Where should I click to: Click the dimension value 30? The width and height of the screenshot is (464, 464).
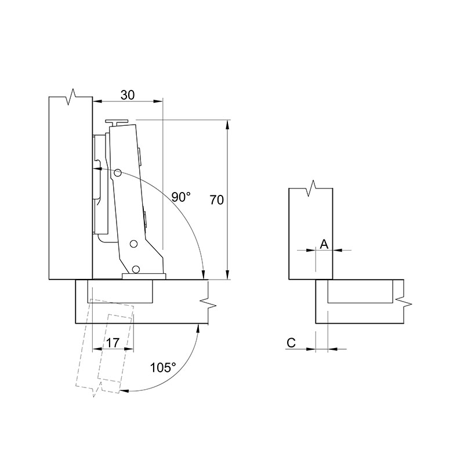(128, 95)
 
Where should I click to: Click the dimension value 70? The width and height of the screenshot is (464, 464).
(216, 200)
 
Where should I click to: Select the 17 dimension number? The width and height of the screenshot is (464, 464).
(113, 343)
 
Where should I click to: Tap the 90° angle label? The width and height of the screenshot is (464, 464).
(181, 197)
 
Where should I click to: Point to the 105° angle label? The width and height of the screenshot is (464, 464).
(163, 368)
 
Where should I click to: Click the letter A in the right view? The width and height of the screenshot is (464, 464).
(324, 244)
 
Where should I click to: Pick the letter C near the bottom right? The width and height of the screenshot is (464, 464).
(291, 343)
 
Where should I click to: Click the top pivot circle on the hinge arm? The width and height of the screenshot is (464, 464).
(118, 173)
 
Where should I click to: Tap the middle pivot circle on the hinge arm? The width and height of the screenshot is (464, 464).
(134, 244)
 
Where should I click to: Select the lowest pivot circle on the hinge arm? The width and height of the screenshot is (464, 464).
(136, 269)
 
